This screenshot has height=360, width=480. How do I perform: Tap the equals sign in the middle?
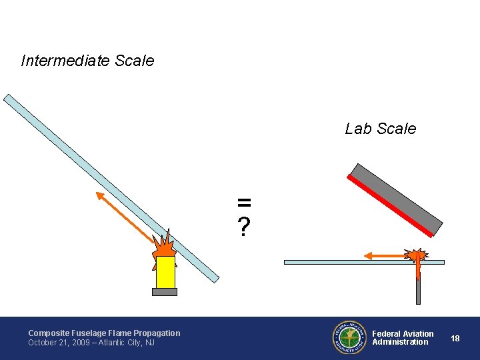pyautogui.click(x=245, y=201)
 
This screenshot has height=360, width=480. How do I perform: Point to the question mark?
pyautogui.click(x=245, y=227)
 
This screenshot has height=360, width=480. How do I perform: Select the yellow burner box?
pyautogui.click(x=165, y=271)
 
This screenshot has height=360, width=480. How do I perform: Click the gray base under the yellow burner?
pyautogui.click(x=165, y=291)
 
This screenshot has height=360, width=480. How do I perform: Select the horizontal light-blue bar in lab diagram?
pyautogui.click(x=333, y=263)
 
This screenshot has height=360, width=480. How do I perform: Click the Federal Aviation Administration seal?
pyautogui.click(x=349, y=337)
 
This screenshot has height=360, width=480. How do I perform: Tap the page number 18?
pyautogui.click(x=455, y=338)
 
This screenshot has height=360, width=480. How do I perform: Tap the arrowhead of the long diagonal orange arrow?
pyautogui.click(x=100, y=195)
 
